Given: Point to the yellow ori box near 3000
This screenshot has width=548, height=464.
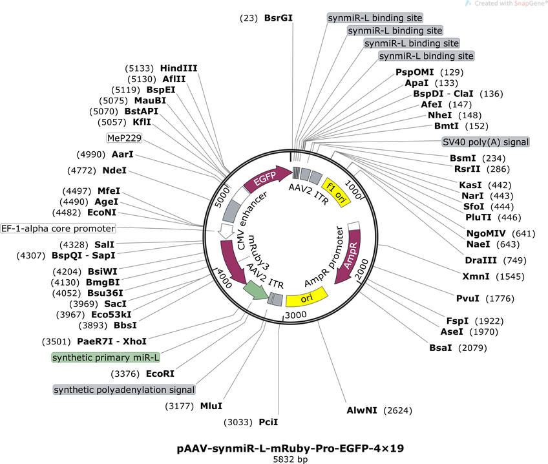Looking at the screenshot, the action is coord(307,297).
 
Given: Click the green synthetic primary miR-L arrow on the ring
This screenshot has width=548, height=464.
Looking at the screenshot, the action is coord(255,290).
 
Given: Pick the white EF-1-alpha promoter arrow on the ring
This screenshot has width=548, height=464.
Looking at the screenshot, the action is coord(226,231).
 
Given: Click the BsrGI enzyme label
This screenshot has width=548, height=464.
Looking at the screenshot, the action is coord(278,18).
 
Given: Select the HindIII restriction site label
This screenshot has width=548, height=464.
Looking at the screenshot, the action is coord(178,68).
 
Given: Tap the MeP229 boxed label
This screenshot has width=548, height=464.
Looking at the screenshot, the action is coord(125,138).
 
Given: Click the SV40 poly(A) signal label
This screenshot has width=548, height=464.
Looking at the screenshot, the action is coord(486,142).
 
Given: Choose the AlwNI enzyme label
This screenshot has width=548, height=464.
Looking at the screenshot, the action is coord(362,410).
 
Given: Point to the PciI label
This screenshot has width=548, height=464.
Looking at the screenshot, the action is coord(268,422).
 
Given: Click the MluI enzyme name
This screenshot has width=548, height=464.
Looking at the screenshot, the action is coord(211,406).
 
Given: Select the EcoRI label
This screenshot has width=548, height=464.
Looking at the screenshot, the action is coord(160,374).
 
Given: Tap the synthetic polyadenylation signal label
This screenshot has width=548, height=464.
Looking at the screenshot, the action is coord(124,390).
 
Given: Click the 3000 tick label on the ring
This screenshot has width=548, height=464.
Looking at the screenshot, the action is coord(296,315).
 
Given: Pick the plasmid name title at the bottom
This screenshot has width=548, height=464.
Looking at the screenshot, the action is coord(290,448).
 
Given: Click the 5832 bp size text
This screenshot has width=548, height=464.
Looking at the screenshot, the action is coord(290,459).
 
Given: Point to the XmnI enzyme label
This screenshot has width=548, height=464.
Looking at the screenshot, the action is coord(476,277).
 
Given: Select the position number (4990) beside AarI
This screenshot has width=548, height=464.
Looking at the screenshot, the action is coord(91,154).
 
